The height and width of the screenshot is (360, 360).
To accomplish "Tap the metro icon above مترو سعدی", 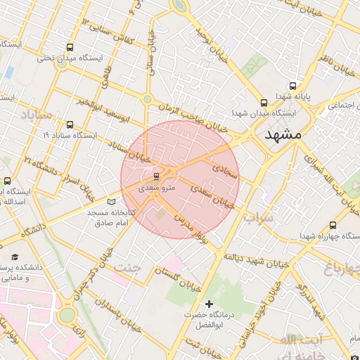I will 156,176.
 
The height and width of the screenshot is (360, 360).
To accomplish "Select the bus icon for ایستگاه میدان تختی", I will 69,47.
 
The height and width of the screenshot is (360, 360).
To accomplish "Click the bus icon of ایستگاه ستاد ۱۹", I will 69,124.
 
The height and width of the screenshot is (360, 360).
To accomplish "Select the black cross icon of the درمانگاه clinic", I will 207,303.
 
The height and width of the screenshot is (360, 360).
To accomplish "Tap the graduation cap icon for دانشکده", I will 15,257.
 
